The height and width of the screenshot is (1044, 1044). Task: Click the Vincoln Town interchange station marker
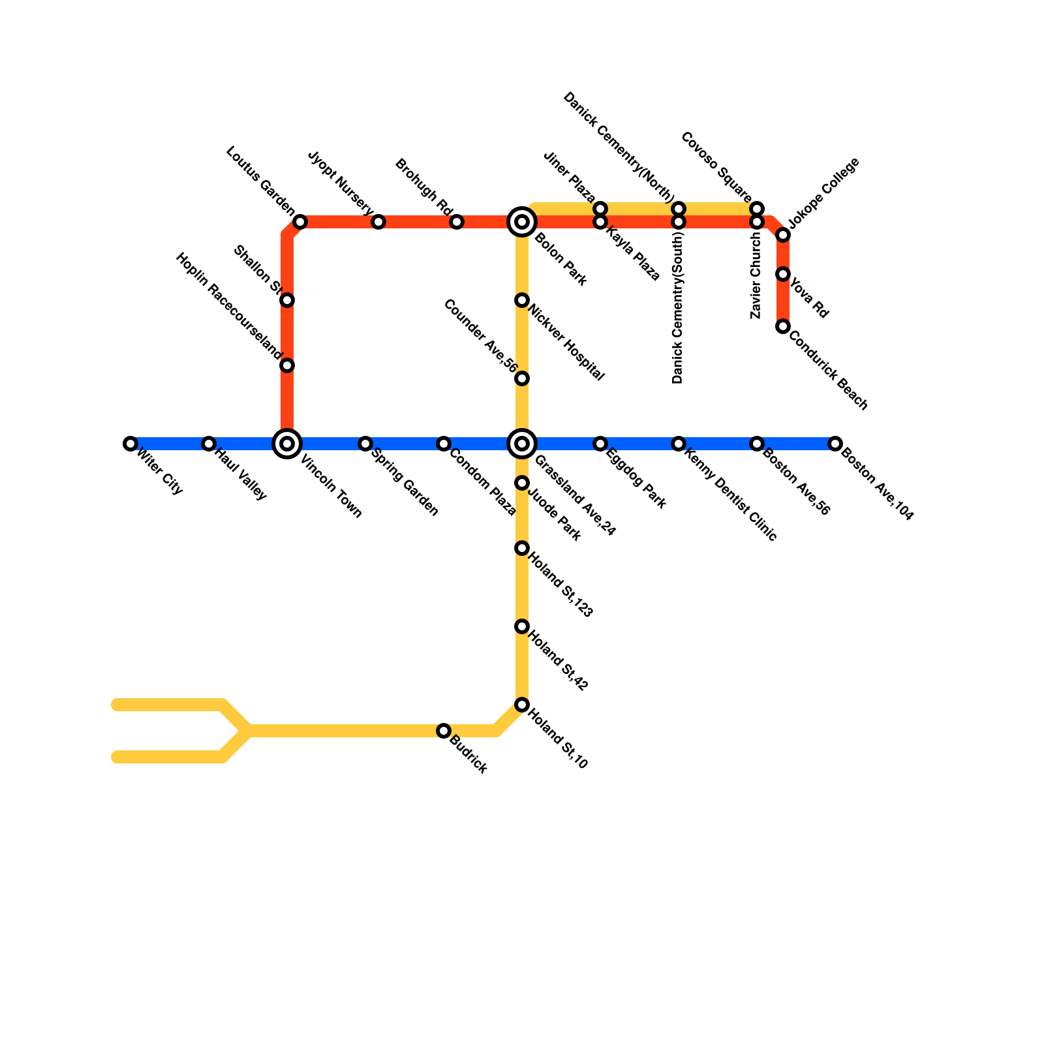(x=287, y=444)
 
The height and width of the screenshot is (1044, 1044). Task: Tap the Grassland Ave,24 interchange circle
(x=522, y=444)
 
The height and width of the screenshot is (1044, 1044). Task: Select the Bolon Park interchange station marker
(x=522, y=222)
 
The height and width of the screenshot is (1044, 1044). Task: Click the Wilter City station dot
(x=130, y=444)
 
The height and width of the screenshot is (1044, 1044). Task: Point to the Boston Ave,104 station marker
(x=835, y=444)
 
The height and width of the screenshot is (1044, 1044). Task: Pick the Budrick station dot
(x=444, y=731)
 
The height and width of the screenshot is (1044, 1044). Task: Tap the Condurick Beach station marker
(x=783, y=326)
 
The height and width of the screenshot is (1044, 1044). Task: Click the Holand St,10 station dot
(x=522, y=705)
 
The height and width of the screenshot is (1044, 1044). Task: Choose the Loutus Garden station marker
(x=300, y=222)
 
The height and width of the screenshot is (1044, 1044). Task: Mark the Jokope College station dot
(x=783, y=235)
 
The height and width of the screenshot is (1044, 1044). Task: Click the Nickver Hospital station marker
(x=522, y=300)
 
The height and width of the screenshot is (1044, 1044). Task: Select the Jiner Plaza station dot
(x=600, y=209)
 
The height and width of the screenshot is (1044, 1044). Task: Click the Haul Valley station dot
(x=209, y=444)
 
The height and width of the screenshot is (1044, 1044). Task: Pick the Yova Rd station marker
(x=783, y=274)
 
